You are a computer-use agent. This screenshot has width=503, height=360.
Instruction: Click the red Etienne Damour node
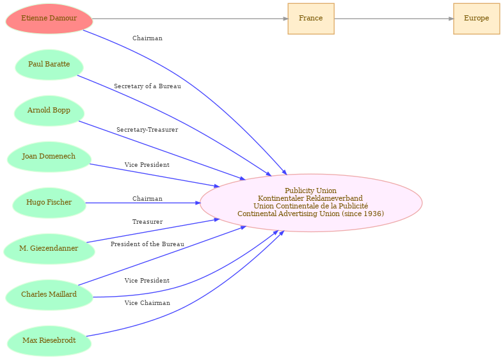(49, 19)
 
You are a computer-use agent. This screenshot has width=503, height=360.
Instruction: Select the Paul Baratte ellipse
(49, 65)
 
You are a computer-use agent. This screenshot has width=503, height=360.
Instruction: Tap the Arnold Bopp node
(49, 111)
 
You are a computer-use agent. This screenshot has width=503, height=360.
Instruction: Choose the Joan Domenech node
(49, 157)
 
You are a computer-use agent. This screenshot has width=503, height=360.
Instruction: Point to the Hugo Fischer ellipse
(49, 203)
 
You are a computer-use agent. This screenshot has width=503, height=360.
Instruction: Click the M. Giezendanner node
(49, 249)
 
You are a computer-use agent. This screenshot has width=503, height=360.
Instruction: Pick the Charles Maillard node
(49, 295)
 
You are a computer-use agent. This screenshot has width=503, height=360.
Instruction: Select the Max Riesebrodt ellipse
(49, 341)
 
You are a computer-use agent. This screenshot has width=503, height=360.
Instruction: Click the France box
(311, 19)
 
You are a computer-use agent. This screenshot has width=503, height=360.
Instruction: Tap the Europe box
(476, 19)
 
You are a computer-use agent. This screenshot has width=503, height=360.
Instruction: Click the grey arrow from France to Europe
(394, 19)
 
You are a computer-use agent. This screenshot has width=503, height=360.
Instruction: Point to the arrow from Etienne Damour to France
(190, 19)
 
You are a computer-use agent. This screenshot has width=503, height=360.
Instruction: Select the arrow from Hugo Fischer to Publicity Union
(143, 203)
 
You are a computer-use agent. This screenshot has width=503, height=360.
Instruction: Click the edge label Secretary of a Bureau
(147, 86)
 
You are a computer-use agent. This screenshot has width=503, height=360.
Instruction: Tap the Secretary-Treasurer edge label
(147, 130)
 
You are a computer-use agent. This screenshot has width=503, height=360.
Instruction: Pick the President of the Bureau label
(147, 244)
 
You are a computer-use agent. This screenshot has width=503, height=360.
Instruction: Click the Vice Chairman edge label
(147, 303)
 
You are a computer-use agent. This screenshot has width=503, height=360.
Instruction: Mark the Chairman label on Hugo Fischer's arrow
(147, 199)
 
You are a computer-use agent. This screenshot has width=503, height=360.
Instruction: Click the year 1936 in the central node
(373, 214)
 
